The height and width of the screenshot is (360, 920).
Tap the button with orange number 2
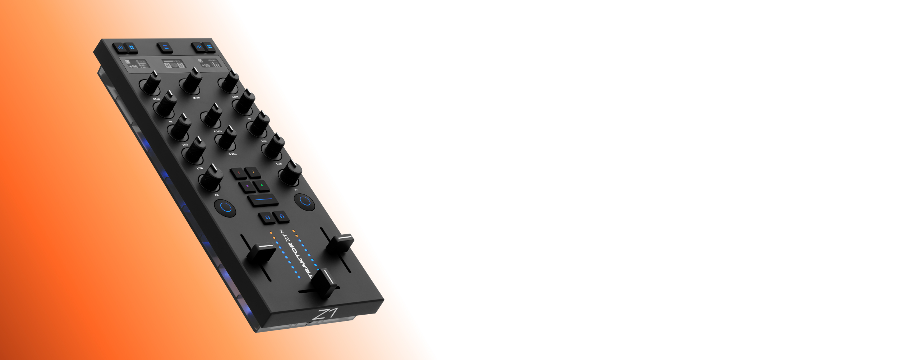[x=253, y=172]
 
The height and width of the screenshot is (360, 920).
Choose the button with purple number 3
[x=247, y=186]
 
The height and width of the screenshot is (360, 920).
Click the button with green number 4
[x=262, y=185]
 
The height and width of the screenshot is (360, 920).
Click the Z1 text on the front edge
[x=325, y=313]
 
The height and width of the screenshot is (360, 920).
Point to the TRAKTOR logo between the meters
[x=301, y=259]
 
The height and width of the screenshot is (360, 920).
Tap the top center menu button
[x=165, y=47]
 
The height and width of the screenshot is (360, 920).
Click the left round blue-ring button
[x=226, y=207]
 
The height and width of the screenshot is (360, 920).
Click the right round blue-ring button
[x=305, y=201]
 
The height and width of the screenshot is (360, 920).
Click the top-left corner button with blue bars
[x=120, y=47]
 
